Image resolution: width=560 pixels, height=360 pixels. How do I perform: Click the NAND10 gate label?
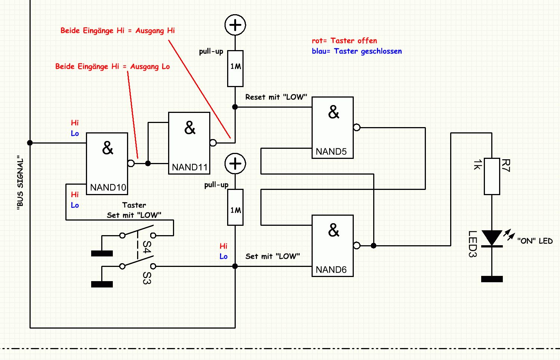click(x=108, y=187)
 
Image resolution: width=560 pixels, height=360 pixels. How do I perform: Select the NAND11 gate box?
click(x=189, y=143)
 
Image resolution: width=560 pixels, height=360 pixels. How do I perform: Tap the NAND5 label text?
click(x=331, y=151)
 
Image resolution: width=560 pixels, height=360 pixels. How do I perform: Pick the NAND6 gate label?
click(x=331, y=270)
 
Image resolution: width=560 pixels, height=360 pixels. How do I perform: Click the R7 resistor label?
click(x=505, y=165)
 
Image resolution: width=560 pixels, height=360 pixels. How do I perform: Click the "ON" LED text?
click(x=535, y=241)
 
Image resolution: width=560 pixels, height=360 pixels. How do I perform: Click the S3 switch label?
click(x=147, y=278)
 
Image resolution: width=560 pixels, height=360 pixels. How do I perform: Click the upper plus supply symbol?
click(x=235, y=25)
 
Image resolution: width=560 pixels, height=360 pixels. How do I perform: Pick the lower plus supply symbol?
click(x=235, y=164)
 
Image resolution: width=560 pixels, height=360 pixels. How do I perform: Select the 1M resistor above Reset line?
click(x=235, y=68)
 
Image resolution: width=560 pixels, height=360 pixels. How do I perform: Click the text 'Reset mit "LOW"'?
click(x=276, y=97)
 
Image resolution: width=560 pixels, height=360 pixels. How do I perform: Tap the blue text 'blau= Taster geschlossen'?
click(x=357, y=51)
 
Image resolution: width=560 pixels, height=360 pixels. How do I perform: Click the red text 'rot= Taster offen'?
click(x=344, y=41)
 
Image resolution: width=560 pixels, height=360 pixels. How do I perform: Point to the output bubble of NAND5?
click(x=357, y=127)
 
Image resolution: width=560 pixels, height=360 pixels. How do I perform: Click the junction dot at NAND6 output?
click(x=374, y=246)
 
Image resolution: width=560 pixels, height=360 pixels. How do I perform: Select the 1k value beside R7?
click(x=477, y=165)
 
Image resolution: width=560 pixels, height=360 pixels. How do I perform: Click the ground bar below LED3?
click(x=492, y=279)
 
